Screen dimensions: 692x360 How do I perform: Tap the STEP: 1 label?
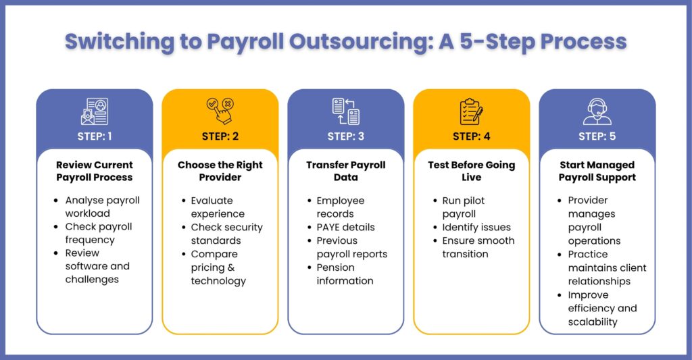95,136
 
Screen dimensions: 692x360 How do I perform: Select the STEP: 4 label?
471,136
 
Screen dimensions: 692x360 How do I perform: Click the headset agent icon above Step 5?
597,111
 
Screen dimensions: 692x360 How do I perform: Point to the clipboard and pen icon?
471,111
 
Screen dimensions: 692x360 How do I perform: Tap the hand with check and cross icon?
220,111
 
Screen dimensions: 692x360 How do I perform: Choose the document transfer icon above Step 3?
345,111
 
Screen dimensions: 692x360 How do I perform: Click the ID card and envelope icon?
95,111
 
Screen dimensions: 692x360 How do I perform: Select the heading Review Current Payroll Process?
95,171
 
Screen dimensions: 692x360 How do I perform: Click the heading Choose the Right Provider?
220,171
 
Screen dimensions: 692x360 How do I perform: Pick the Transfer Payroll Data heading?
345,171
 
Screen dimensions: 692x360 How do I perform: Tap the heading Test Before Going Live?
471,171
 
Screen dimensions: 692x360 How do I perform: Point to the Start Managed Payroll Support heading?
597,171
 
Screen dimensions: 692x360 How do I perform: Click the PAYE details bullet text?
345,227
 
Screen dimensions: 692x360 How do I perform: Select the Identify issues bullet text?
476,227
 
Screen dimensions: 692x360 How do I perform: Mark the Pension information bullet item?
345,274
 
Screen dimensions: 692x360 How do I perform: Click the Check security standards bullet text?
226,234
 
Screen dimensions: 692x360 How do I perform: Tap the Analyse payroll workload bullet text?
103,207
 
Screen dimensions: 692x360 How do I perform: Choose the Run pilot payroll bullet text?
464,207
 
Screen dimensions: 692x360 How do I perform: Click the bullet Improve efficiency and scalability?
602,309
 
